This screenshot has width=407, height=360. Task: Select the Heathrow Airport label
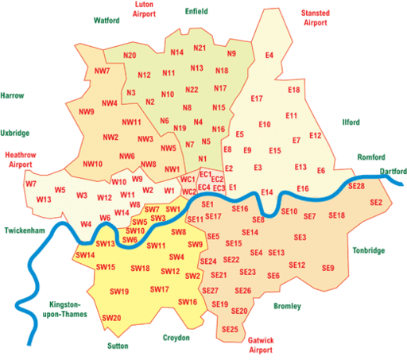coord(21,157)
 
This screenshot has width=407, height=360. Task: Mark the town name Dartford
coord(393,171)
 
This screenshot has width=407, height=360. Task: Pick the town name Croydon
coord(176,338)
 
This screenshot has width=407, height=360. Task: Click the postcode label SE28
coord(356,185)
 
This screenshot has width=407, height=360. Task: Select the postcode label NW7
coord(102,72)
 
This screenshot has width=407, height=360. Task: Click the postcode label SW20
coord(112,318)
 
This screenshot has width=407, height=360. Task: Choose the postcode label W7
coord(31,184)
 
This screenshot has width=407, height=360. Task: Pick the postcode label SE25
coord(231,329)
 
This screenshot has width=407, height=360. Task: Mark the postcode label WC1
coord(188,180)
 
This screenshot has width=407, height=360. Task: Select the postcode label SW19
coord(120,292)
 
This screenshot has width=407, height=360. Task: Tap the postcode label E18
coord(294,90)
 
